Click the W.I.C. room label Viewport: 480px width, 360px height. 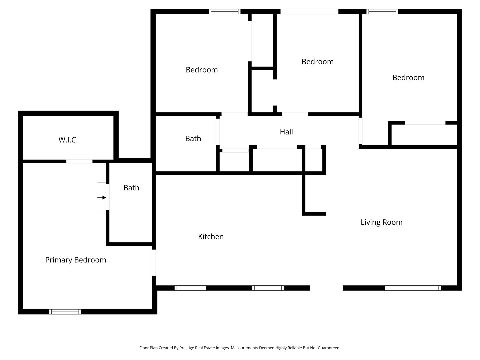[x=68, y=140]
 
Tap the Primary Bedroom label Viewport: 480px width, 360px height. [x=76, y=260]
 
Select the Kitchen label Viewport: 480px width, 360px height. [x=211, y=237]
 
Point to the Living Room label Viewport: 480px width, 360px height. [x=382, y=222]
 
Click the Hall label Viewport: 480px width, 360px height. [x=286, y=132]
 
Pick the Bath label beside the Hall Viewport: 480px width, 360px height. [x=193, y=139]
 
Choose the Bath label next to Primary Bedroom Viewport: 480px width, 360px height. [x=131, y=188]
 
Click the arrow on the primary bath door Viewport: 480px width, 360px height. [x=102, y=198]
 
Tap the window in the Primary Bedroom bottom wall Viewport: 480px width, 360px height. [x=65, y=312]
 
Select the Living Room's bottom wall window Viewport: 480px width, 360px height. [x=413, y=288]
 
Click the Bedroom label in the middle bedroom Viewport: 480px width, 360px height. [x=318, y=62]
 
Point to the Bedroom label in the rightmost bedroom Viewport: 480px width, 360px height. [x=408, y=78]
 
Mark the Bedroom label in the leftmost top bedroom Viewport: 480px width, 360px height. [x=202, y=70]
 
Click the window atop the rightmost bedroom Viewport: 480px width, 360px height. [x=382, y=12]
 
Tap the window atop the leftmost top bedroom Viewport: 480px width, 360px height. [x=225, y=12]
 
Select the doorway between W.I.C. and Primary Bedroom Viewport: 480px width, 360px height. [x=79, y=161]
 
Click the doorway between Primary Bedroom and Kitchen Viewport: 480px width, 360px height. [x=154, y=263]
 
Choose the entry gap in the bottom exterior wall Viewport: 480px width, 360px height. [x=327, y=288]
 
